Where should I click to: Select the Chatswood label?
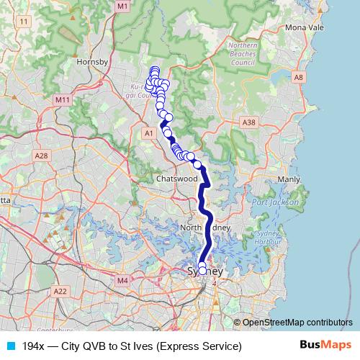pyautogui.click(x=176, y=178)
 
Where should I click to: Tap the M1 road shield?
pyautogui.click(x=122, y=6)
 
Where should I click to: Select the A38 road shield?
pyautogui.click(x=249, y=123)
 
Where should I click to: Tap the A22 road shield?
pyautogui.click(x=60, y=291)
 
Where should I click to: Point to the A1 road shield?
pyautogui.click(x=149, y=133)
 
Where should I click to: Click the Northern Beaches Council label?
pyautogui.click(x=243, y=54)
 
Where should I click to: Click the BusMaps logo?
pyautogui.click(x=326, y=346)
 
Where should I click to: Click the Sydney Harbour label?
pyautogui.click(x=268, y=238)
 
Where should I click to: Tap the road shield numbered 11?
pyautogui.click(x=25, y=22)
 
